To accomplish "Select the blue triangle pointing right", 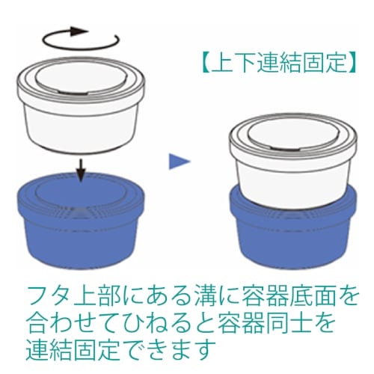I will tap(178, 159).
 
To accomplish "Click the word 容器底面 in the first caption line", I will tap(283, 292).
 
